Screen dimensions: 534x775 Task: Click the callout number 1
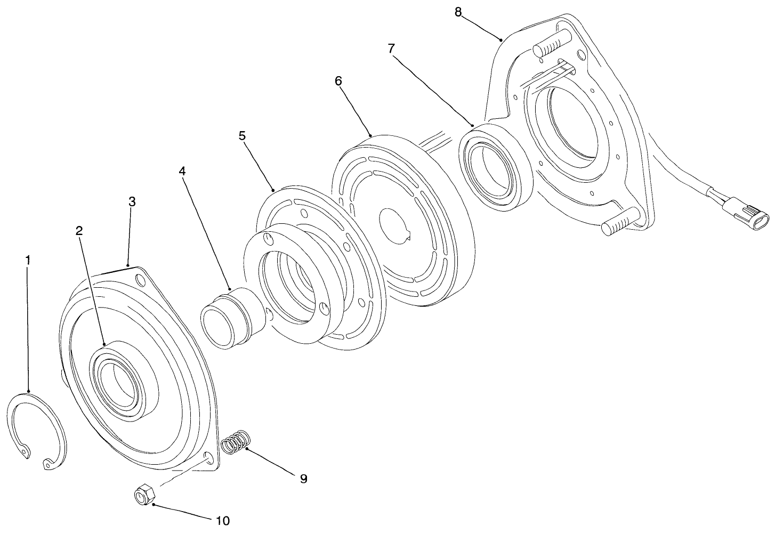[x=28, y=260]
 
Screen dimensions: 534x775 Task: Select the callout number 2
[x=79, y=231]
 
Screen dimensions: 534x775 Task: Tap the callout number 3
[x=132, y=202]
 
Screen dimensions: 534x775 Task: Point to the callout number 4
[x=182, y=171]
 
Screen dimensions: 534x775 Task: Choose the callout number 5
[x=243, y=135]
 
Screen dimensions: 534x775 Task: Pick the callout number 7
[x=391, y=48]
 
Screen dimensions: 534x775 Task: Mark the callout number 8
[x=458, y=12]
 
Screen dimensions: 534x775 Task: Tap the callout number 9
[x=303, y=479]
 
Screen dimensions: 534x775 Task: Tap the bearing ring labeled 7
[x=496, y=165]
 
